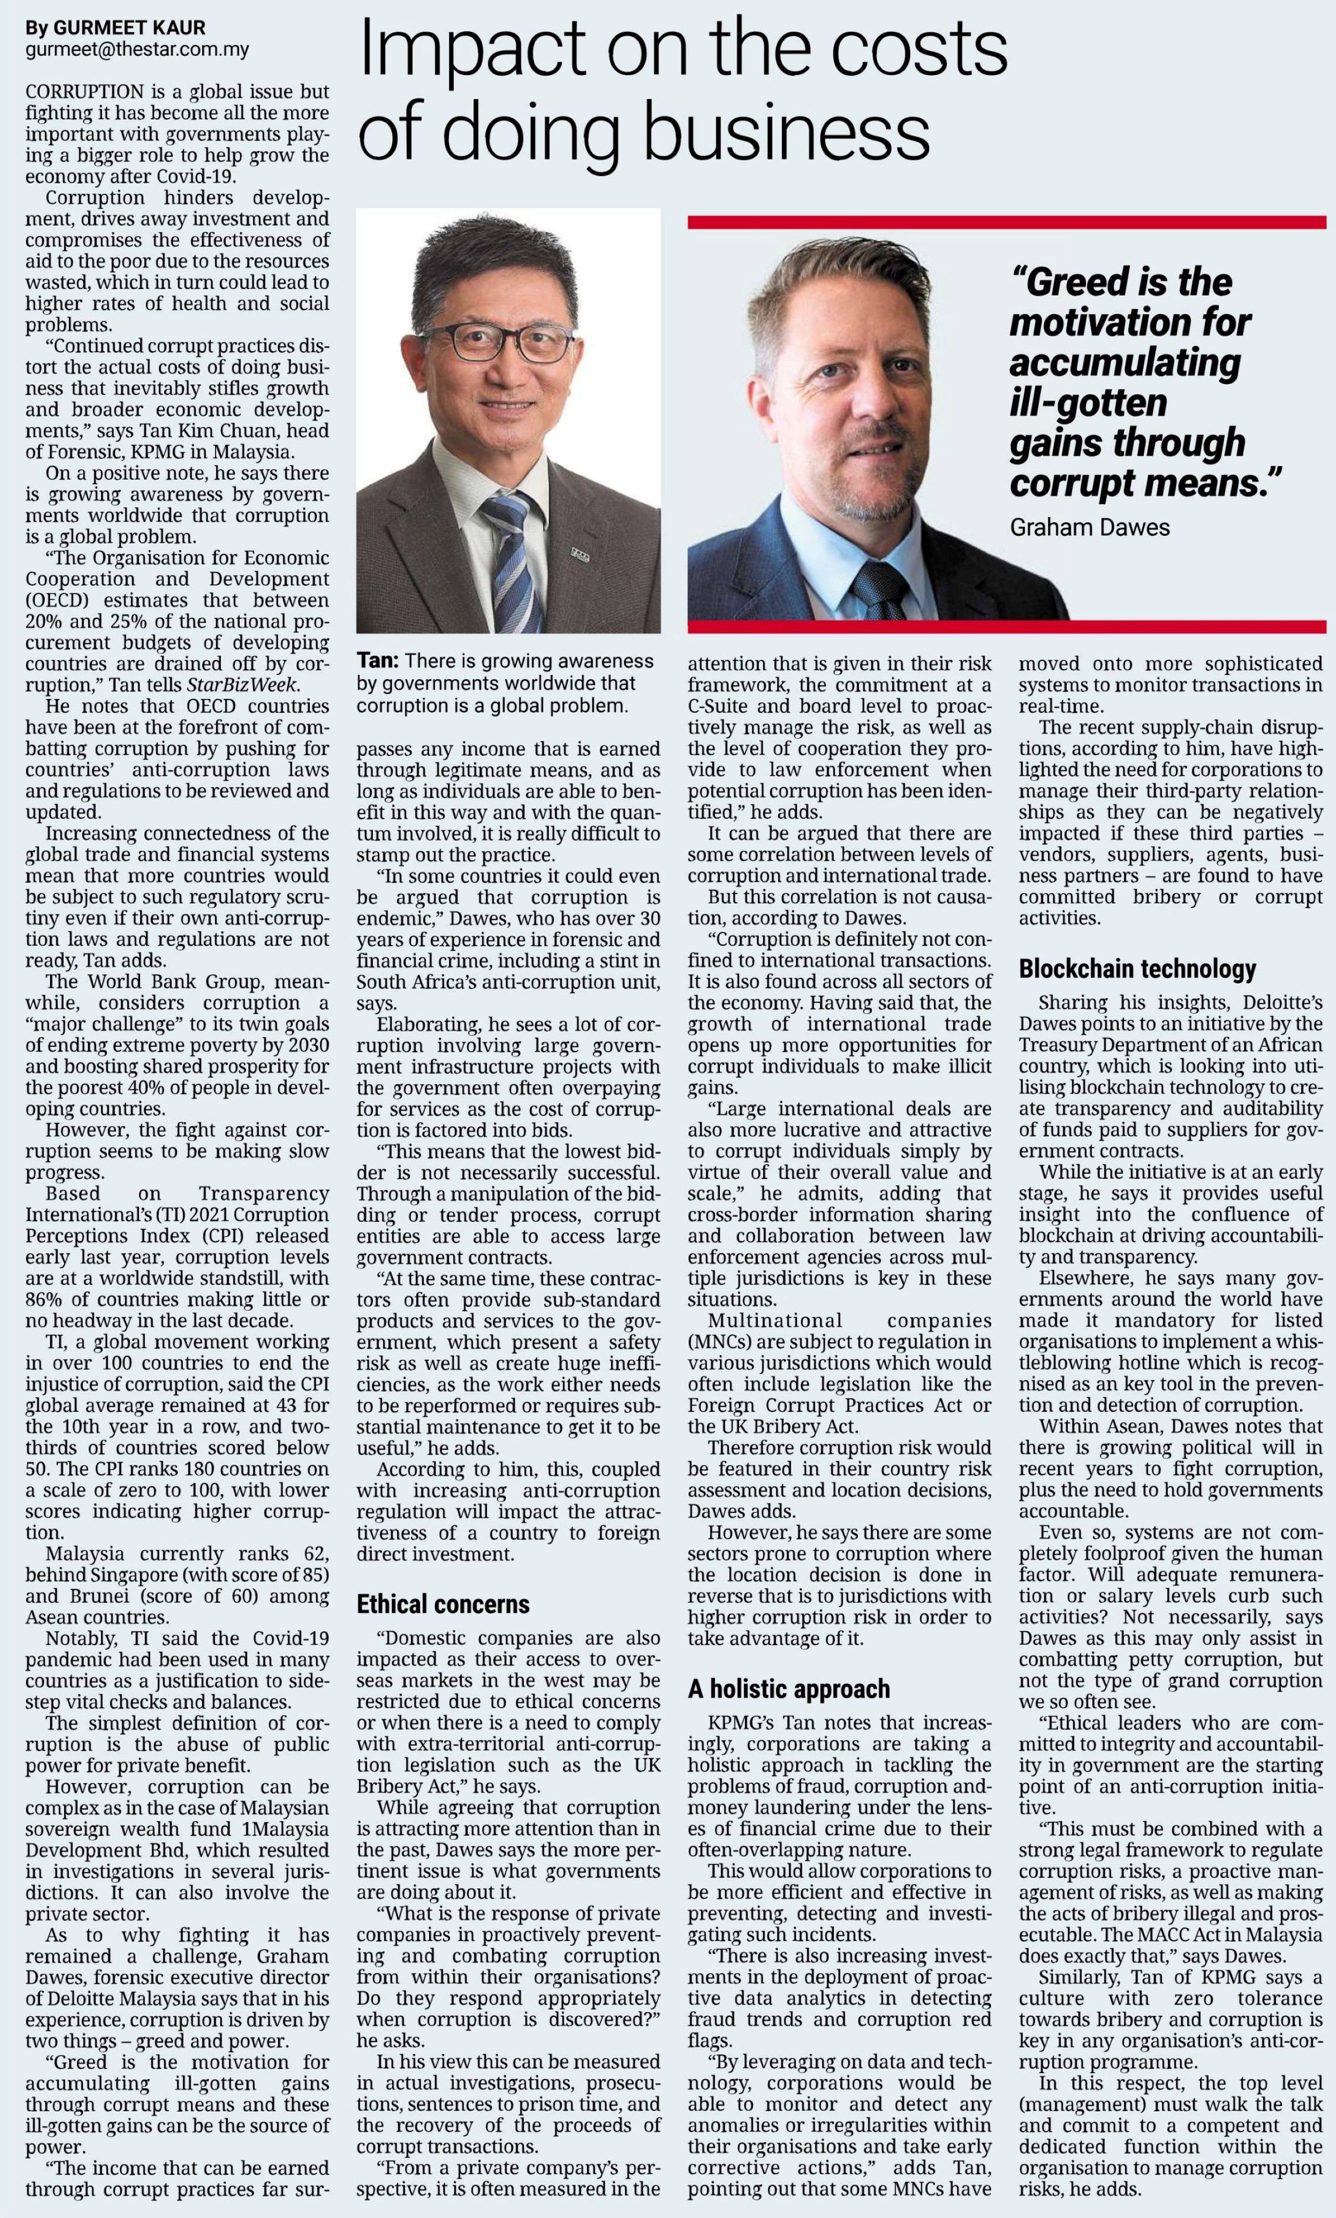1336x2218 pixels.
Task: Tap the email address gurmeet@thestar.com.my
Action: coord(137,51)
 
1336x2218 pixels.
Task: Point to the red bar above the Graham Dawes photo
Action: coord(1006,221)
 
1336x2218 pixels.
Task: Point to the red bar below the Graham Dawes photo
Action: coord(1006,625)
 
